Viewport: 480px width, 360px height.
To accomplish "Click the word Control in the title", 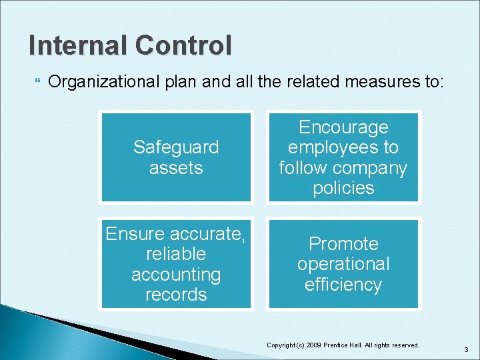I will click(x=183, y=45).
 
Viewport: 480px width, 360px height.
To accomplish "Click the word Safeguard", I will click(x=176, y=147).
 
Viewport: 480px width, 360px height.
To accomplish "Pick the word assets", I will click(x=176, y=167).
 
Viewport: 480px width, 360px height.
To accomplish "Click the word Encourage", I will click(x=343, y=127).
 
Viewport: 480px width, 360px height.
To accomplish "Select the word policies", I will click(x=343, y=188).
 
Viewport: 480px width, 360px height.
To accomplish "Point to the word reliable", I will click(x=176, y=254).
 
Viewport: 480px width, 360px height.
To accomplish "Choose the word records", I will click(x=176, y=295).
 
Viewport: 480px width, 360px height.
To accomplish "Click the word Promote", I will click(x=343, y=243).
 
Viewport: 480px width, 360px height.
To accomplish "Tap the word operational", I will click(x=343, y=264).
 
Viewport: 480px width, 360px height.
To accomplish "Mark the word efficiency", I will click(x=343, y=285).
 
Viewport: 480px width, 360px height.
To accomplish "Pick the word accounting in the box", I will click(x=176, y=274).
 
